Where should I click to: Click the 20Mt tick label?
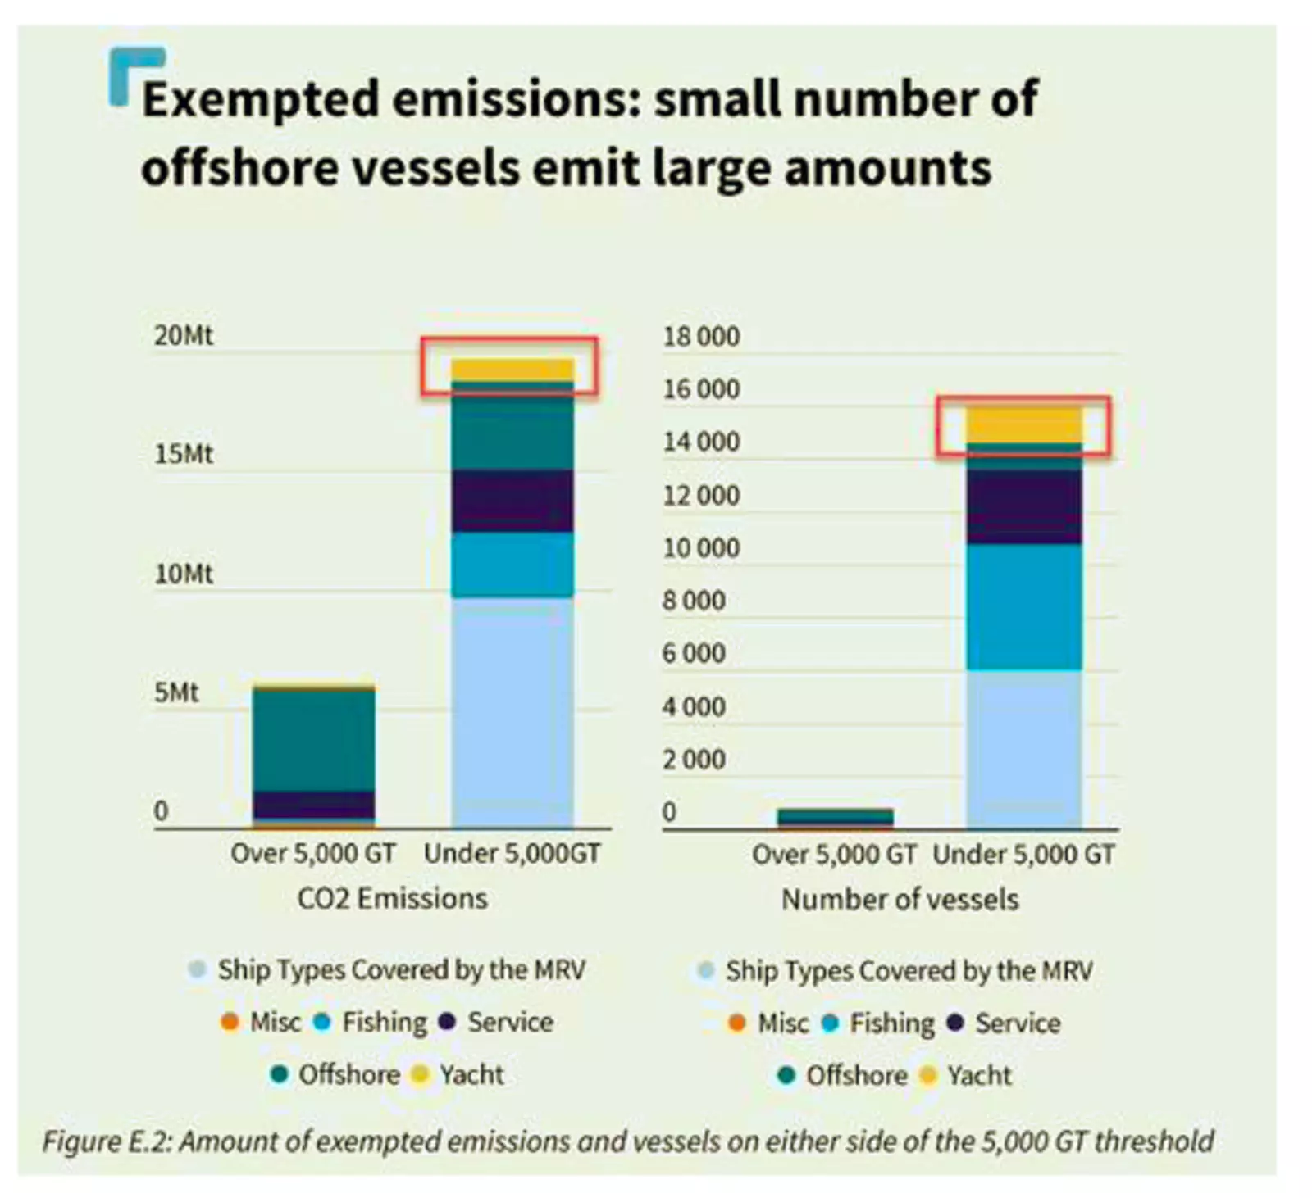[183, 336]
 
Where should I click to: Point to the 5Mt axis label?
[176, 693]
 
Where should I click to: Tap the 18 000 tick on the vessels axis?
[701, 337]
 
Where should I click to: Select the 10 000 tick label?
[701, 548]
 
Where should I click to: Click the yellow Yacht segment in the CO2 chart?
[512, 370]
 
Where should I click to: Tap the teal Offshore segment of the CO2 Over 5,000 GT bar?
[313, 739]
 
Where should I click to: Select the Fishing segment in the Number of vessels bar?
[1023, 606]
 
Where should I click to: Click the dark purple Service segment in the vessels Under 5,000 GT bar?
[1023, 506]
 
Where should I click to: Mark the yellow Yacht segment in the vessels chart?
[1023, 424]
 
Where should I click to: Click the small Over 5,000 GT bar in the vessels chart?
[835, 817]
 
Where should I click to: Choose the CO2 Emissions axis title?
[392, 899]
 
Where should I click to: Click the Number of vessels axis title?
[900, 900]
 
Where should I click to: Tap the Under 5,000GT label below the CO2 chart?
[512, 854]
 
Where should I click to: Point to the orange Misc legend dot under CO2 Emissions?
[230, 1023]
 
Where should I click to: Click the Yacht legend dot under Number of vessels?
[927, 1075]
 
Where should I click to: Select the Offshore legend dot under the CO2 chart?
[279, 1074]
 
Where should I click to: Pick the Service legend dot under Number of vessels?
[954, 1023]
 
